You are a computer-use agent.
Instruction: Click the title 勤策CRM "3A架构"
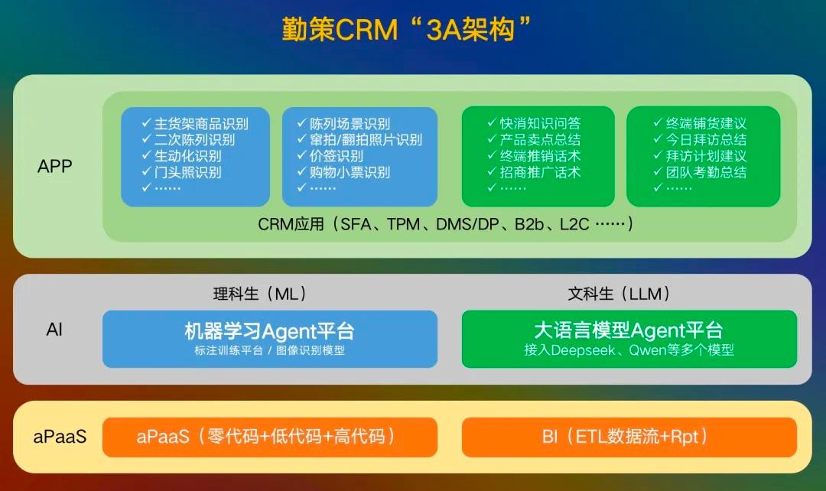tap(406, 30)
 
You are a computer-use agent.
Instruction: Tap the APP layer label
tap(55, 167)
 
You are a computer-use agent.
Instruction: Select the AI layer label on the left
tap(54, 330)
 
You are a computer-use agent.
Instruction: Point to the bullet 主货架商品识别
tap(195, 124)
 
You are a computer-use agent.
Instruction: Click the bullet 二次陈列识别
tap(188, 140)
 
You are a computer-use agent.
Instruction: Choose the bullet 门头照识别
tap(181, 172)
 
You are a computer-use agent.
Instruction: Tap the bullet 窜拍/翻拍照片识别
tap(359, 140)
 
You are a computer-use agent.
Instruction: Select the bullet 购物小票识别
tap(343, 172)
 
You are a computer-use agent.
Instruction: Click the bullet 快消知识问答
tap(534, 123)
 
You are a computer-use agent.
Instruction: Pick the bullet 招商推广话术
tap(534, 172)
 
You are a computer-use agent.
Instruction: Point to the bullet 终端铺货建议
tap(700, 123)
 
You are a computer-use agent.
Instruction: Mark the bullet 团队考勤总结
tap(700, 172)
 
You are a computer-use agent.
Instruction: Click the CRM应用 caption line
tap(446, 224)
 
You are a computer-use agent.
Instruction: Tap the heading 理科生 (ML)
tap(260, 294)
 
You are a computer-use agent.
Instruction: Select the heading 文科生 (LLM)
tap(619, 294)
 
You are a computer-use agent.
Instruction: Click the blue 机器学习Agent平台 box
tap(270, 339)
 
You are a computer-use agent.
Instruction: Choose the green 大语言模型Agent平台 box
tap(629, 339)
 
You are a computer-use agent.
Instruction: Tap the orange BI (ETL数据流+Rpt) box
tap(629, 437)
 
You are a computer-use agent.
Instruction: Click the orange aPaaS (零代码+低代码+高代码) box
tap(270, 437)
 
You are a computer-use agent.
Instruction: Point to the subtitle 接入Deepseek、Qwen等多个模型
tap(629, 350)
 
